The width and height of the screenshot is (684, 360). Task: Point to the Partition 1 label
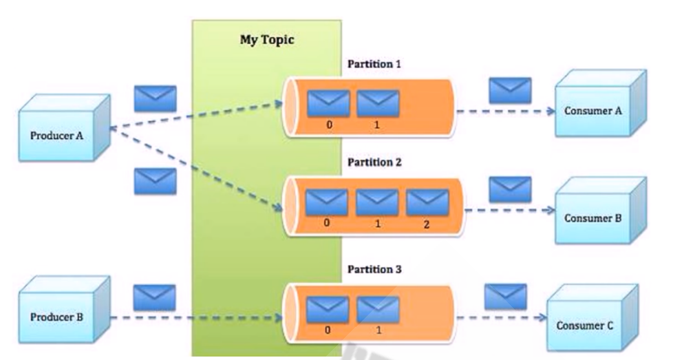374,64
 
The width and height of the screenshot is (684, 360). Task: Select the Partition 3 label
374,268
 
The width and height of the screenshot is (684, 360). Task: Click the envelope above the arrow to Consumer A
510,89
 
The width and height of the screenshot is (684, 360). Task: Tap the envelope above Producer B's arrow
153,297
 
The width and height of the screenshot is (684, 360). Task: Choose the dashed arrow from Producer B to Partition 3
196,318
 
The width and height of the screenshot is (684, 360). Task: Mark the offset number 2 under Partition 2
427,225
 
